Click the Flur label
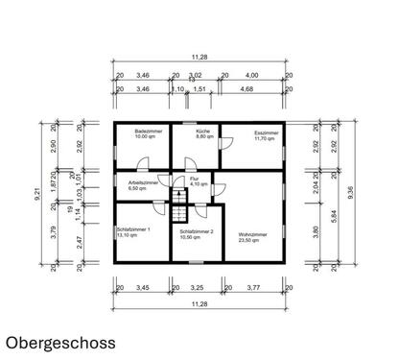click(194, 179)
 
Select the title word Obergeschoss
click(60, 341)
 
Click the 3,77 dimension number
click(254, 286)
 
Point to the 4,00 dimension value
click(251, 74)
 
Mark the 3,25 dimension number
click(197, 286)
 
